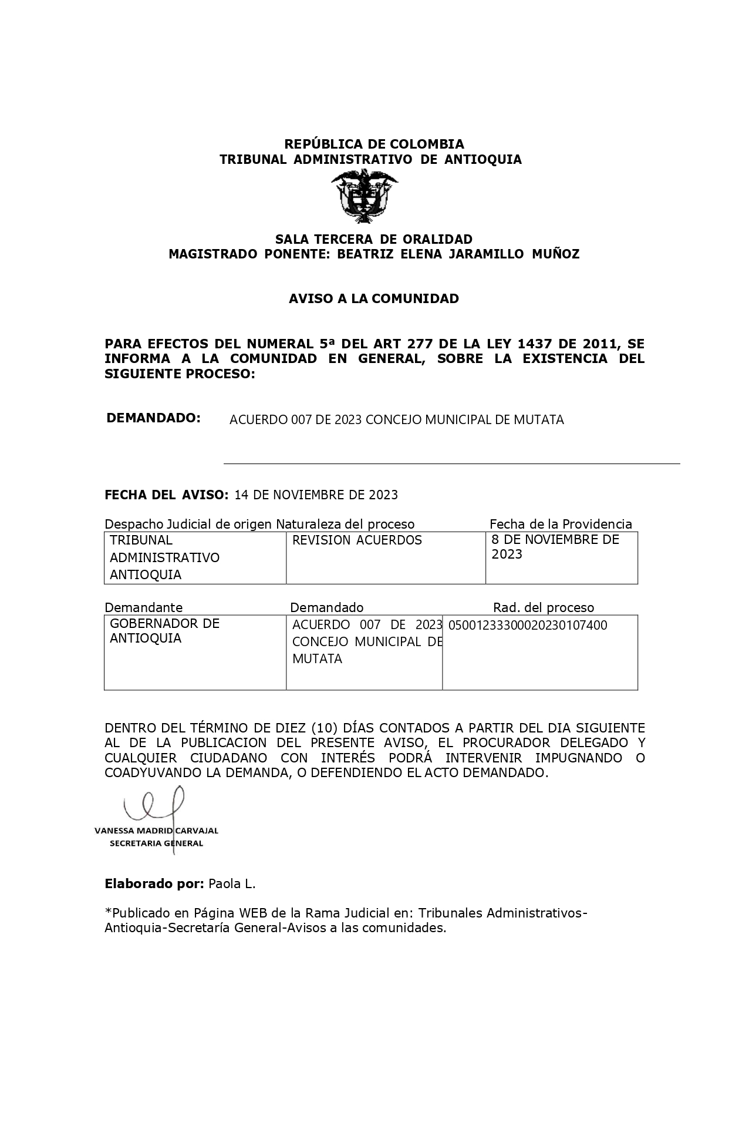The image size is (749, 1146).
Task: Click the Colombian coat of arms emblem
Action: pos(364,196)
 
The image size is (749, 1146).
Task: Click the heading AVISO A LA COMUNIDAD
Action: pos(373,298)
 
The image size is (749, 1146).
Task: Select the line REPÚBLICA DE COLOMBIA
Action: pos(374,144)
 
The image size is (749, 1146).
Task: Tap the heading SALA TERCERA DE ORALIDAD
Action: pos(374,239)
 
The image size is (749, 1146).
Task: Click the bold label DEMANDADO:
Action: pos(153,418)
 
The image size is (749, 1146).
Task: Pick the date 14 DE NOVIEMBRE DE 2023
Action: pos(316,495)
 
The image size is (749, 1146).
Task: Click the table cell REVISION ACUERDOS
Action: pos(357,540)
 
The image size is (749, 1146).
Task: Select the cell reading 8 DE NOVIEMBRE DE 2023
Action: pos(555,547)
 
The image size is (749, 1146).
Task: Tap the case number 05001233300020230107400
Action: pos(527,625)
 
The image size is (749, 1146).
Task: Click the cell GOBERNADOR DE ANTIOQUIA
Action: pos(164,631)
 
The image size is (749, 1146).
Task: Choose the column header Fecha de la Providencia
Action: pos(561,524)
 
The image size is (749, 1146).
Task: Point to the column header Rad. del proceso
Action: pos(543,607)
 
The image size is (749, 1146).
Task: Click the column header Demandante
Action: pos(143,607)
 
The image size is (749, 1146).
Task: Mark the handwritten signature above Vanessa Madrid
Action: pos(154,804)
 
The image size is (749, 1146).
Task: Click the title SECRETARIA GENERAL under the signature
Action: pos(156,843)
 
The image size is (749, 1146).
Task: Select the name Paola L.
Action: pos(232,883)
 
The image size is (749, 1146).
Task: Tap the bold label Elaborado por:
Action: pos(154,883)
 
